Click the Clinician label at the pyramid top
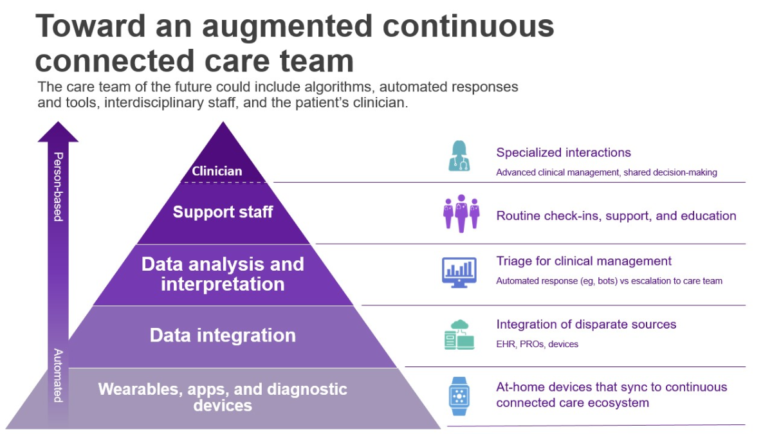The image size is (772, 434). coord(217,171)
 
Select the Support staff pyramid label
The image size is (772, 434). coord(223,212)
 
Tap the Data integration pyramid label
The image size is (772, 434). coord(223,335)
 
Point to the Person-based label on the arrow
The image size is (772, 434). coord(59,186)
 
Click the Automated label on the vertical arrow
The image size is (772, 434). coord(59,375)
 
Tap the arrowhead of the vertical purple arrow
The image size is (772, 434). coord(58,132)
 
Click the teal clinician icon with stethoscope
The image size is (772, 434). coord(459,156)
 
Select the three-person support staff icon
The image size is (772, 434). coord(461,213)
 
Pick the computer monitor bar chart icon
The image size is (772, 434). coord(459,273)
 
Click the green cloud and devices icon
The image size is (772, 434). coord(459,335)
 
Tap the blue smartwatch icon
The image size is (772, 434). coord(459,396)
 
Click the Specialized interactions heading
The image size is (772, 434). coord(564,152)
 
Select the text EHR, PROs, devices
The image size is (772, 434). coord(537,344)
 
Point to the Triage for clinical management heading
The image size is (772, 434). coord(584,261)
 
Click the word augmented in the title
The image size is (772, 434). coord(287,27)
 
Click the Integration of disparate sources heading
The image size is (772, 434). coord(586,325)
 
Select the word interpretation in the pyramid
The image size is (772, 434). coord(223,284)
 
